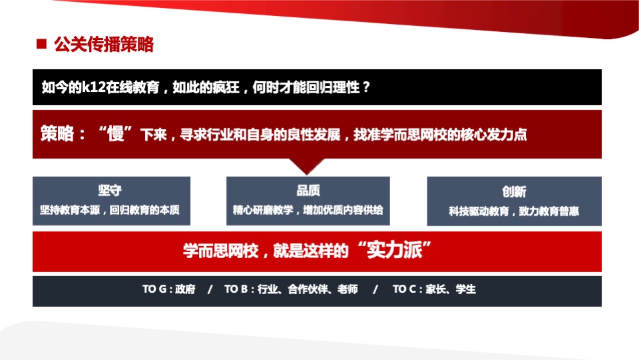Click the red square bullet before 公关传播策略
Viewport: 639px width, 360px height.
(41, 45)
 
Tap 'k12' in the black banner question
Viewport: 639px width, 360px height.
(91, 87)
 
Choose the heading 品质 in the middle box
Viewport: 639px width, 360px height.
(308, 190)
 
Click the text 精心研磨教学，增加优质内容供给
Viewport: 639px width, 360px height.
(308, 210)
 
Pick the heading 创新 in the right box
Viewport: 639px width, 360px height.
(514, 192)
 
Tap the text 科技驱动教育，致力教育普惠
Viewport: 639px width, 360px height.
(514, 211)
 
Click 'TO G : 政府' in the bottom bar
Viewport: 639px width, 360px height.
(169, 290)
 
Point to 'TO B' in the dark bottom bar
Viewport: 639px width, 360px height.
(236, 290)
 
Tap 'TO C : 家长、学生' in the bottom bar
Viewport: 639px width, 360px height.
(434, 290)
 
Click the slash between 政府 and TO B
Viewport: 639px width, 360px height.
(210, 290)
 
